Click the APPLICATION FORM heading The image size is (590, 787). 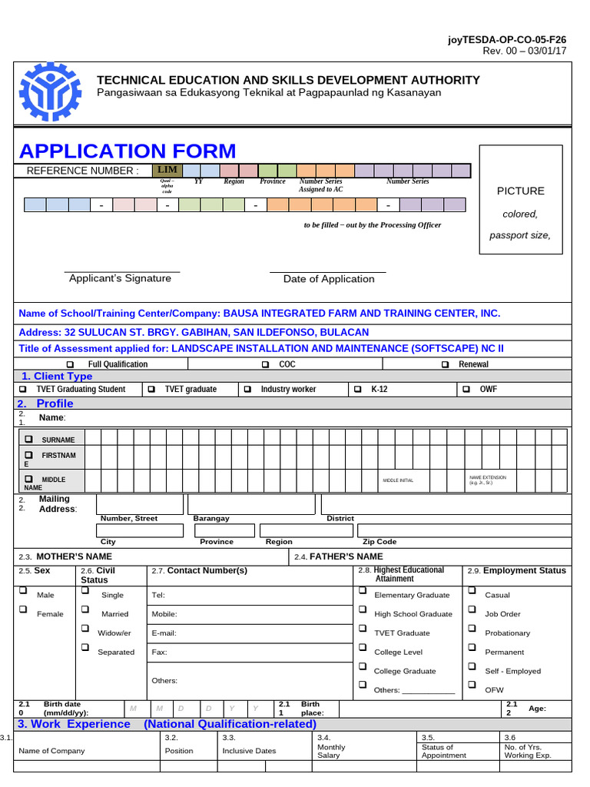pyautogui.click(x=128, y=151)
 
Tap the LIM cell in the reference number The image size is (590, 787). pyautogui.click(x=167, y=170)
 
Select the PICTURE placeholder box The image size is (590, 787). pyautogui.click(x=520, y=200)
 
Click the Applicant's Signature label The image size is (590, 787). pyautogui.click(x=120, y=278)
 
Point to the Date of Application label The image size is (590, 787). pyautogui.click(x=329, y=279)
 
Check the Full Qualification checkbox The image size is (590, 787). pyautogui.click(x=71, y=364)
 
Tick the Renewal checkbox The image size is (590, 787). pyautogui.click(x=446, y=364)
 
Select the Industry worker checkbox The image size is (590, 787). pyautogui.click(x=248, y=390)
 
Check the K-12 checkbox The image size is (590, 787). pyautogui.click(x=358, y=390)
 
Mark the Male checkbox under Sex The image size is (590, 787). pyautogui.click(x=23, y=592)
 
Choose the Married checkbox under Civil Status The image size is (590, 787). pyautogui.click(x=85, y=610)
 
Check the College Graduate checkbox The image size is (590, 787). pyautogui.click(x=362, y=667)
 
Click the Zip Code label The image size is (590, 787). pyautogui.click(x=380, y=542)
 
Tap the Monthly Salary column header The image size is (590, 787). pyautogui.click(x=331, y=751)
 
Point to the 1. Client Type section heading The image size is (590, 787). pyautogui.click(x=57, y=377)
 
